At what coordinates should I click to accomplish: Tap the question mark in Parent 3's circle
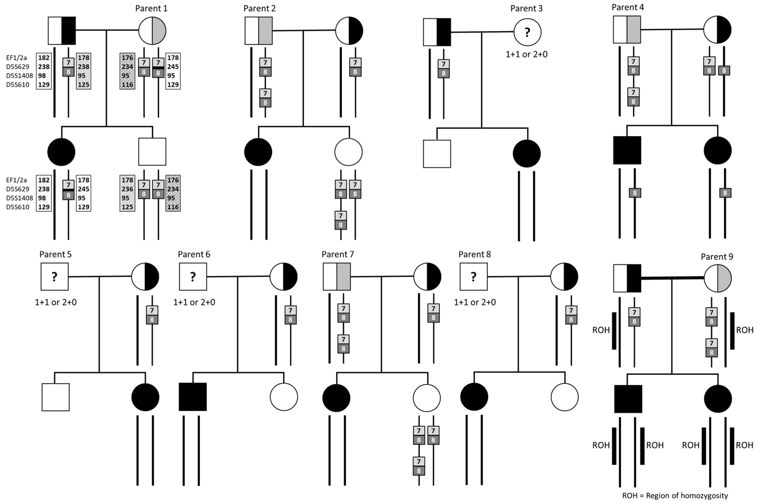point(527,32)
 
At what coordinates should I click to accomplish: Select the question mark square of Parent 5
point(55,277)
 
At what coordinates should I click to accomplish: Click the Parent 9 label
point(717,257)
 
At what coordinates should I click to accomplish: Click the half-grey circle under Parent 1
point(152,31)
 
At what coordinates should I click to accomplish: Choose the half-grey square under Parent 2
point(259,31)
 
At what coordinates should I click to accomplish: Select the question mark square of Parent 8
point(473,277)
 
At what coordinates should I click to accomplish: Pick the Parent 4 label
point(628,7)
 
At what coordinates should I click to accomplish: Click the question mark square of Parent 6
point(193,277)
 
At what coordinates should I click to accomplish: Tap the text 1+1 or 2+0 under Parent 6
point(194,302)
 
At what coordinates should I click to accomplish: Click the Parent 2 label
point(259,8)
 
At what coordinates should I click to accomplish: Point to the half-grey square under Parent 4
point(627,30)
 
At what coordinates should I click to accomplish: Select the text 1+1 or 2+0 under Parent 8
point(475,302)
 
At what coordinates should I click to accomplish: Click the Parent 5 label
point(55,254)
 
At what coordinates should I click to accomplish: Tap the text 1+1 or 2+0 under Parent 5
point(56,302)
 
